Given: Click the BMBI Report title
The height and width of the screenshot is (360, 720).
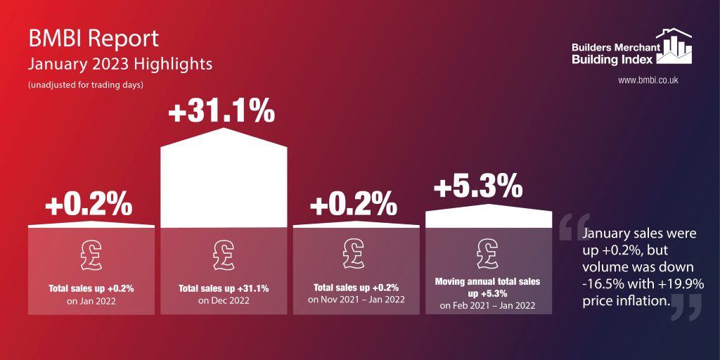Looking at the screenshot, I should pyautogui.click(x=94, y=38).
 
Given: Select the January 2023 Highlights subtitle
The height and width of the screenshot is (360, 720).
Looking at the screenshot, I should pyautogui.click(x=120, y=65).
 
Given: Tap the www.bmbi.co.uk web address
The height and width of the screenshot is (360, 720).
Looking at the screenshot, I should pyautogui.click(x=648, y=81).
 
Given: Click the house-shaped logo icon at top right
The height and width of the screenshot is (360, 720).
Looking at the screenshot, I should pyautogui.click(x=674, y=46).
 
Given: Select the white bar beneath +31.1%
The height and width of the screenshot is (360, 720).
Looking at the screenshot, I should pyautogui.click(x=224, y=179).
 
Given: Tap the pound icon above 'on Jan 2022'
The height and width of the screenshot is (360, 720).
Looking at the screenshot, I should pyautogui.click(x=91, y=254).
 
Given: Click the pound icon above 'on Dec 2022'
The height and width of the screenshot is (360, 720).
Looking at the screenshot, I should pyautogui.click(x=224, y=254).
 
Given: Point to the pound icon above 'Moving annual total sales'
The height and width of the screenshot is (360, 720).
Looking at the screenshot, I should pyautogui.click(x=488, y=250).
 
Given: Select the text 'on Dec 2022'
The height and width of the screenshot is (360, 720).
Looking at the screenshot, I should pyautogui.click(x=224, y=301).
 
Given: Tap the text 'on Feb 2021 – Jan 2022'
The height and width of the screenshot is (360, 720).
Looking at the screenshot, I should pyautogui.click(x=488, y=306).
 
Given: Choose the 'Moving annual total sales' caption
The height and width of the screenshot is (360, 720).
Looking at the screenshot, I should pyautogui.click(x=488, y=281).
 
